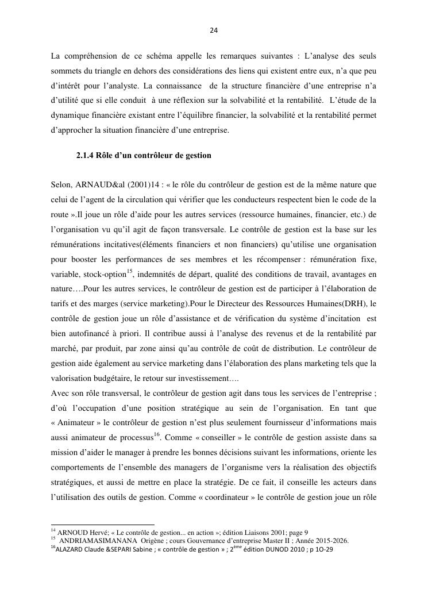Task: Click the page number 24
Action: pos(213,30)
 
